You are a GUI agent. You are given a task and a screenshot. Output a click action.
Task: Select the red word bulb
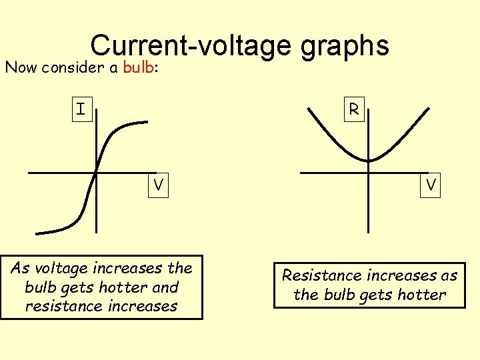[x=139, y=67]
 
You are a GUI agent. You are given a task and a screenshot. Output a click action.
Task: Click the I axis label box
[x=81, y=109]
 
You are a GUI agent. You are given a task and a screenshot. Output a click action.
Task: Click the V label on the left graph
[x=159, y=185]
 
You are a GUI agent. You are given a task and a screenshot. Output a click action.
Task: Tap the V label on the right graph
[x=432, y=185]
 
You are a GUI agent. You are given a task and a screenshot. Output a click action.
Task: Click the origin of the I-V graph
[x=96, y=173]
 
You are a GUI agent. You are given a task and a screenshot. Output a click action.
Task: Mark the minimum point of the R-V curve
[x=369, y=160]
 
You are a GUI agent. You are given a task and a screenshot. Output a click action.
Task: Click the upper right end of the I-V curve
[x=147, y=121]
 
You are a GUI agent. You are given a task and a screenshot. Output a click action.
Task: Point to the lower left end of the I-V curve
[x=37, y=233]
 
